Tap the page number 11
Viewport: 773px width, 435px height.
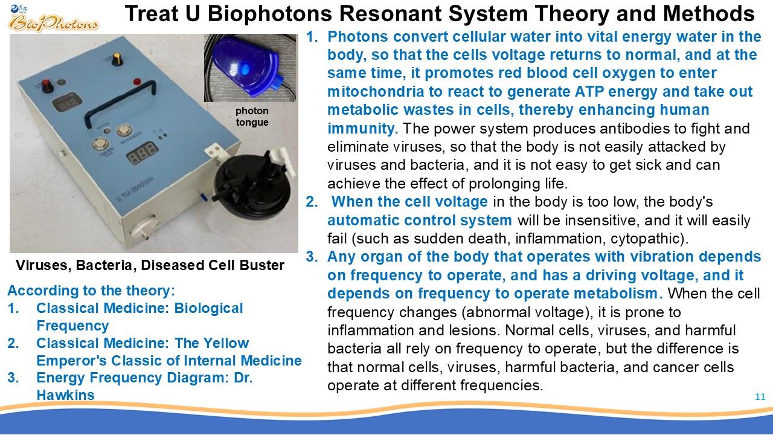760,397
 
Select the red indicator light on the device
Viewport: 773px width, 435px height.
137,82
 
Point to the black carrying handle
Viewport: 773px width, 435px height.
120,103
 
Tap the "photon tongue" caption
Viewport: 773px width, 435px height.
252,117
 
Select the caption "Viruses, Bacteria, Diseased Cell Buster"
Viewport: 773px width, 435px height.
150,265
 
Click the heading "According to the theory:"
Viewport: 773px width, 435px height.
91,291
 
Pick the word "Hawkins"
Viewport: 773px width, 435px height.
65,395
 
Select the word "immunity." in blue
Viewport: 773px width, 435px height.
363,129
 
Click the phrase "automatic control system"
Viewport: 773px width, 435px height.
419,221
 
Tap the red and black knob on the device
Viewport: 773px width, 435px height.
47,86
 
